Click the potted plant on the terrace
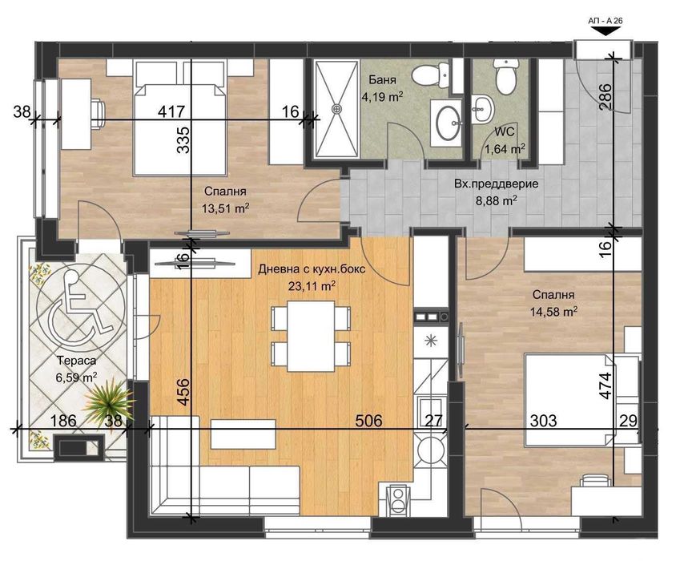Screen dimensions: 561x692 (x=107, y=397)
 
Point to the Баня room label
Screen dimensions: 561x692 (x=382, y=80)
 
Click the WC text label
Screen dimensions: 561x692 (x=503, y=130)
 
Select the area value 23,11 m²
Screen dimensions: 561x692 (x=312, y=284)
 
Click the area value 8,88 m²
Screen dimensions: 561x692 (x=496, y=200)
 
